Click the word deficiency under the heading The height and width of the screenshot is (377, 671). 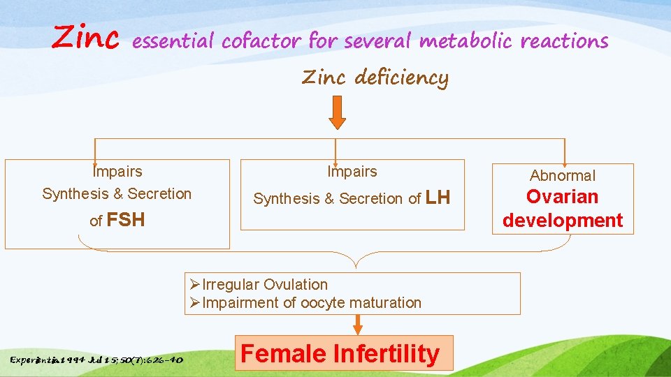point(401,77)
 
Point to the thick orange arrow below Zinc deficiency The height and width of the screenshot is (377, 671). point(337,112)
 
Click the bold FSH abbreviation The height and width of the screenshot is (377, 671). point(127,220)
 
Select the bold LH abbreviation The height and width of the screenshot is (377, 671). point(438,198)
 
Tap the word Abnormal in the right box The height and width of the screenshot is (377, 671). point(563,176)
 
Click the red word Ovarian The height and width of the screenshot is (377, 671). point(563,197)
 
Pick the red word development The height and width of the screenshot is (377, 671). point(563,220)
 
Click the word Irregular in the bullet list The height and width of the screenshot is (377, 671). point(231,285)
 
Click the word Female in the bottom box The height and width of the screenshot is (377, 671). point(284,353)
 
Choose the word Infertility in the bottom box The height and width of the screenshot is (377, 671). point(386,353)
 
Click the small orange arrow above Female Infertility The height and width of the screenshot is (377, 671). point(358,324)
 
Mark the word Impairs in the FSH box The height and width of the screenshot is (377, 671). point(117,172)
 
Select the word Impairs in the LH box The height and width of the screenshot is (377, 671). point(352,172)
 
